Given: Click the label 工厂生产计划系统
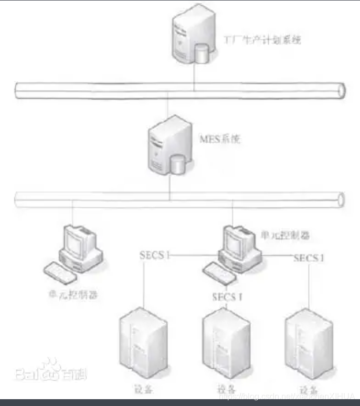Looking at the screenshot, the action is tap(262, 40).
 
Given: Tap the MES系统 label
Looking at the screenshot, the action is tap(220, 140).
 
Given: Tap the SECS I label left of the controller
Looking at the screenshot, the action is tap(155, 255).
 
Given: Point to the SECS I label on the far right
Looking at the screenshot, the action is tap(309, 258).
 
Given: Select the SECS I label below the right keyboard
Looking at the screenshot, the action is tap(227, 297).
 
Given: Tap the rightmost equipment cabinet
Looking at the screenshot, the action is tap(308, 344).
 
